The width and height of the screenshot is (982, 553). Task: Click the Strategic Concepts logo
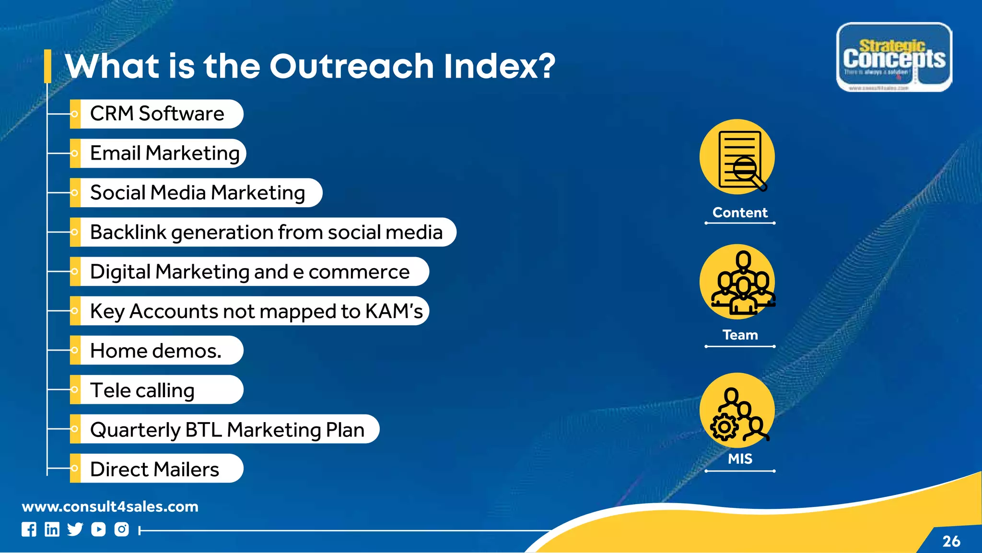pyautogui.click(x=894, y=57)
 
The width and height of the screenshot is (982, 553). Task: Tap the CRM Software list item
pyautogui.click(x=157, y=114)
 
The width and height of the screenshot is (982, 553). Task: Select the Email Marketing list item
pyautogui.click(x=164, y=153)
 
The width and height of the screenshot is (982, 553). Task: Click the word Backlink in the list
pyautogui.click(x=128, y=232)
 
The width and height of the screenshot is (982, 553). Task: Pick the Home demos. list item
pyautogui.click(x=156, y=351)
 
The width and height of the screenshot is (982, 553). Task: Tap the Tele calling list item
pyautogui.click(x=142, y=390)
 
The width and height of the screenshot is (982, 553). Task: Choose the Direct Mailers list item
pyautogui.click(x=154, y=469)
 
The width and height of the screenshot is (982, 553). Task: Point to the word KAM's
pyautogui.click(x=394, y=311)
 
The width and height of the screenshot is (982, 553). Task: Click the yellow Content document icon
pyautogui.click(x=737, y=157)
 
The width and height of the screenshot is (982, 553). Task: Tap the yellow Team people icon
pyautogui.click(x=737, y=282)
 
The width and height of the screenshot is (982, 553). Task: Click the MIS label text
pyautogui.click(x=740, y=459)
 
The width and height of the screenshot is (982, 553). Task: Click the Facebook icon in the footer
pyautogui.click(x=29, y=529)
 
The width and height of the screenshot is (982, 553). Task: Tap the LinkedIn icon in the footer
pyautogui.click(x=52, y=529)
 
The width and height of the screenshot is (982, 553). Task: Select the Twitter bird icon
pyautogui.click(x=75, y=529)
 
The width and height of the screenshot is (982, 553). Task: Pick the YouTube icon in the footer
pyautogui.click(x=98, y=529)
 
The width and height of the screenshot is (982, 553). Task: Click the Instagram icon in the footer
pyautogui.click(x=122, y=529)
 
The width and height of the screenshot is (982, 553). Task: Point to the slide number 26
pyautogui.click(x=951, y=541)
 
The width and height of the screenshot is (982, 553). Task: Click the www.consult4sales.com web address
pyautogui.click(x=110, y=506)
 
